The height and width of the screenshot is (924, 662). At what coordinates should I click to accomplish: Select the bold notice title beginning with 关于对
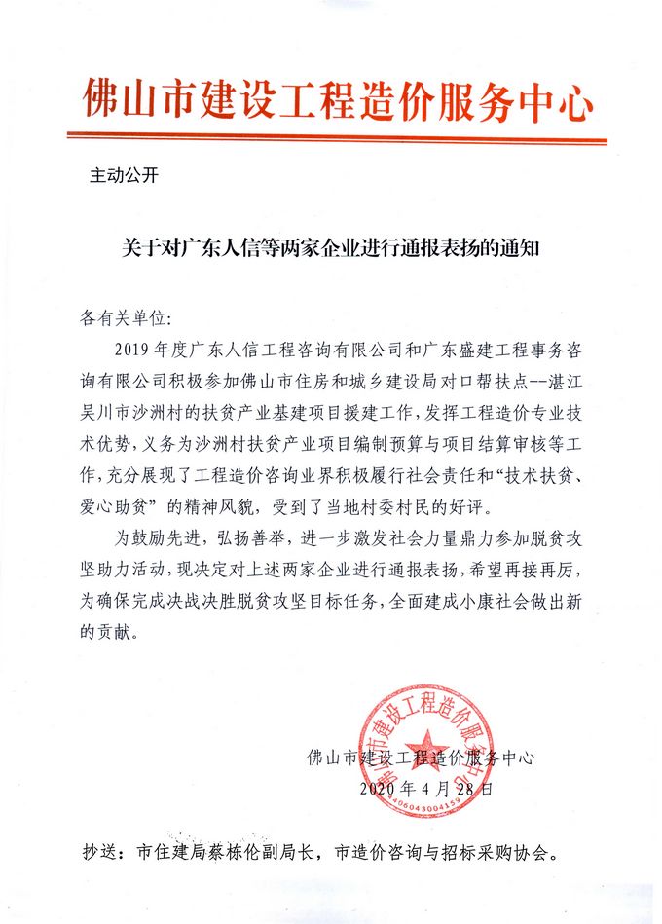[331, 249]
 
